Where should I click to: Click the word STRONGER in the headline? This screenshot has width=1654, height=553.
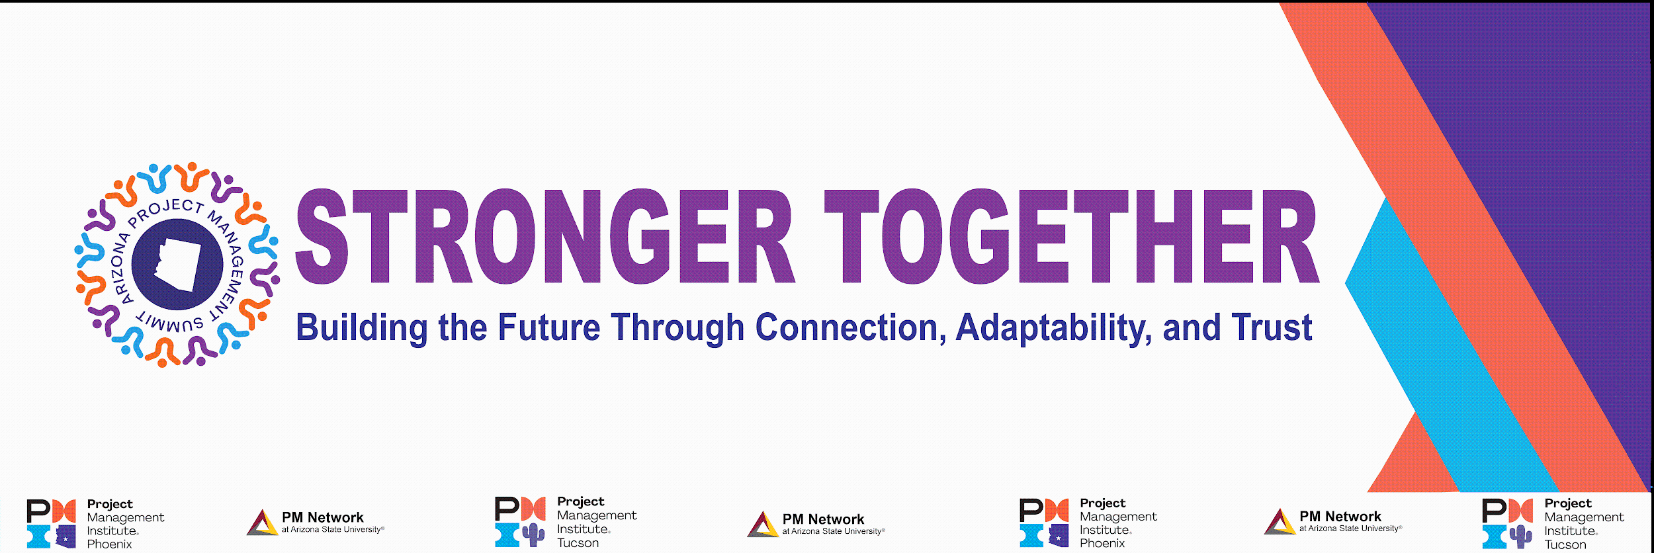tap(544, 236)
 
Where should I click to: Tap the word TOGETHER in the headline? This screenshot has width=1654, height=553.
tap(1072, 236)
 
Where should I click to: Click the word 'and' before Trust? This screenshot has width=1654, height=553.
tap(1192, 327)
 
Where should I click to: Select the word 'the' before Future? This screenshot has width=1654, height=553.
tap(463, 327)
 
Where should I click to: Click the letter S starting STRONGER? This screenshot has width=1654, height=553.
tap(322, 236)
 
